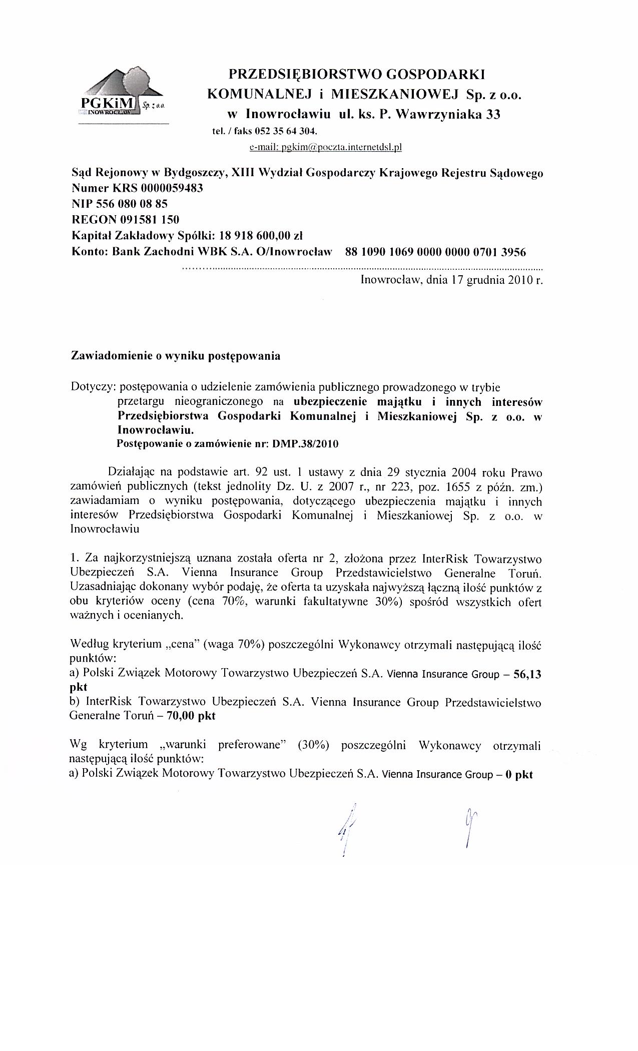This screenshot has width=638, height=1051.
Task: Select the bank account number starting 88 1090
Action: point(435,251)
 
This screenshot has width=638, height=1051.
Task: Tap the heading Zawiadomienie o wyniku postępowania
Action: point(176,356)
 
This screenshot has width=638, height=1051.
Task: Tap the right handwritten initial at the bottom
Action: point(468,826)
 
